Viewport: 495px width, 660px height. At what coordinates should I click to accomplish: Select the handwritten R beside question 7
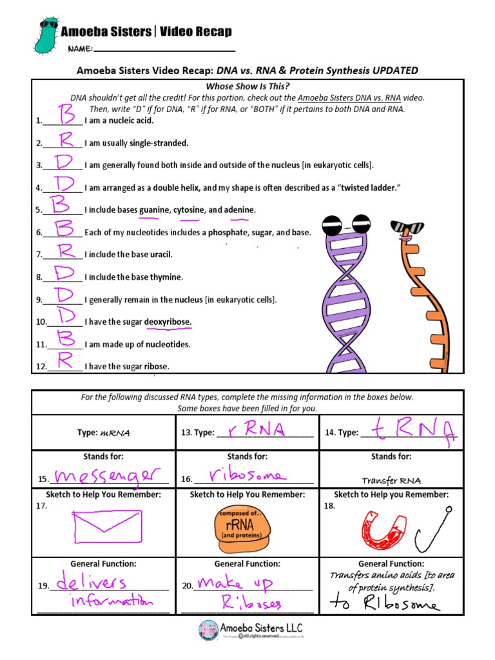coord(64,251)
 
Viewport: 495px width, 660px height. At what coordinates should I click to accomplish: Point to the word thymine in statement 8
coord(166,277)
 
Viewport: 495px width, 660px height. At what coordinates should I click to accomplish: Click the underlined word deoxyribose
coord(168,322)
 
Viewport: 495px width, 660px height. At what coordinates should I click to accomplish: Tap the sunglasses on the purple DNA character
coord(349,224)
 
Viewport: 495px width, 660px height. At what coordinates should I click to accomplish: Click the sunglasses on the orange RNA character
coord(409,228)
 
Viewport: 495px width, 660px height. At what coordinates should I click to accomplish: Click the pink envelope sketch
coord(102,525)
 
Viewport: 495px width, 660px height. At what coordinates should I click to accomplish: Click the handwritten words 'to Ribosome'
coord(385,604)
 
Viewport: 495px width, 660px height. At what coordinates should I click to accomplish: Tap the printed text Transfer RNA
coord(391,480)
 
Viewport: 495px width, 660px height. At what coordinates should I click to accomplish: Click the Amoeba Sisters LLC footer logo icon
coord(208,630)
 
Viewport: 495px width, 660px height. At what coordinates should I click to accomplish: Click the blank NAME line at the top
coord(164,50)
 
